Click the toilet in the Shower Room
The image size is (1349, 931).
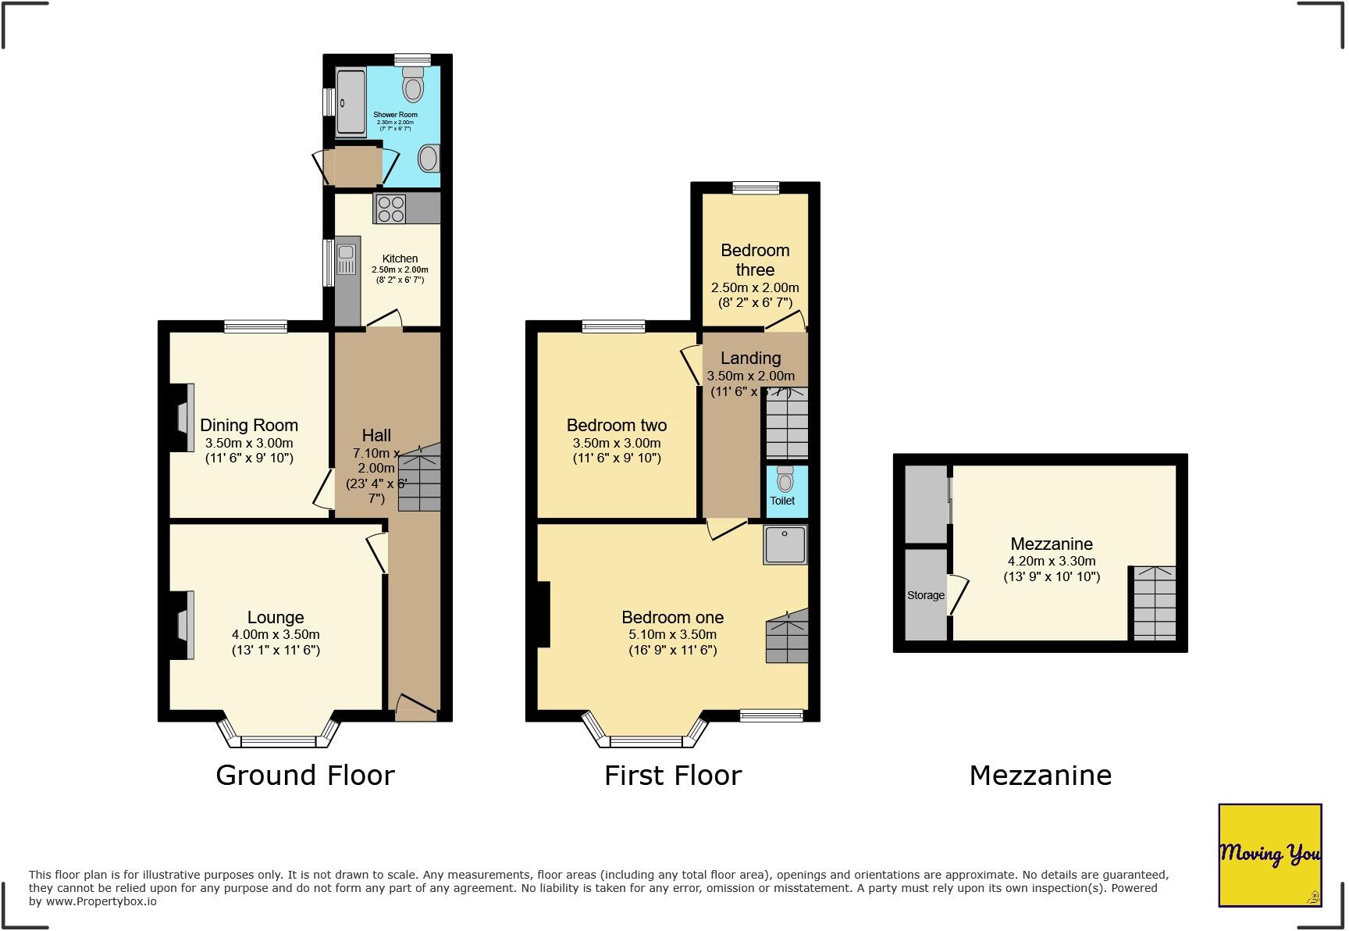(x=413, y=84)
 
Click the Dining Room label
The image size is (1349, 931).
(x=249, y=426)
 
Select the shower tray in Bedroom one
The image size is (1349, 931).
(x=785, y=544)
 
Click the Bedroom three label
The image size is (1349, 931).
(x=755, y=260)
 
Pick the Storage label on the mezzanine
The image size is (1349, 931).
(x=926, y=595)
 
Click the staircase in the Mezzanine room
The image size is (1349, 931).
(x=1154, y=603)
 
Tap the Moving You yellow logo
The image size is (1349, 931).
(x=1270, y=854)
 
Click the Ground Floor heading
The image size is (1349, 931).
(x=305, y=776)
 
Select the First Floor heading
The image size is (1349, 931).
(x=673, y=776)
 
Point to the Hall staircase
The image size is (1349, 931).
(x=420, y=478)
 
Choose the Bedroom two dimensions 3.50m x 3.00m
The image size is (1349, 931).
(x=617, y=443)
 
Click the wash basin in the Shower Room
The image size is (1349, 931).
(x=429, y=159)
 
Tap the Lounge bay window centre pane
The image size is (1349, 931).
(x=279, y=741)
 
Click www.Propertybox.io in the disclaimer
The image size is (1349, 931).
(x=101, y=901)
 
